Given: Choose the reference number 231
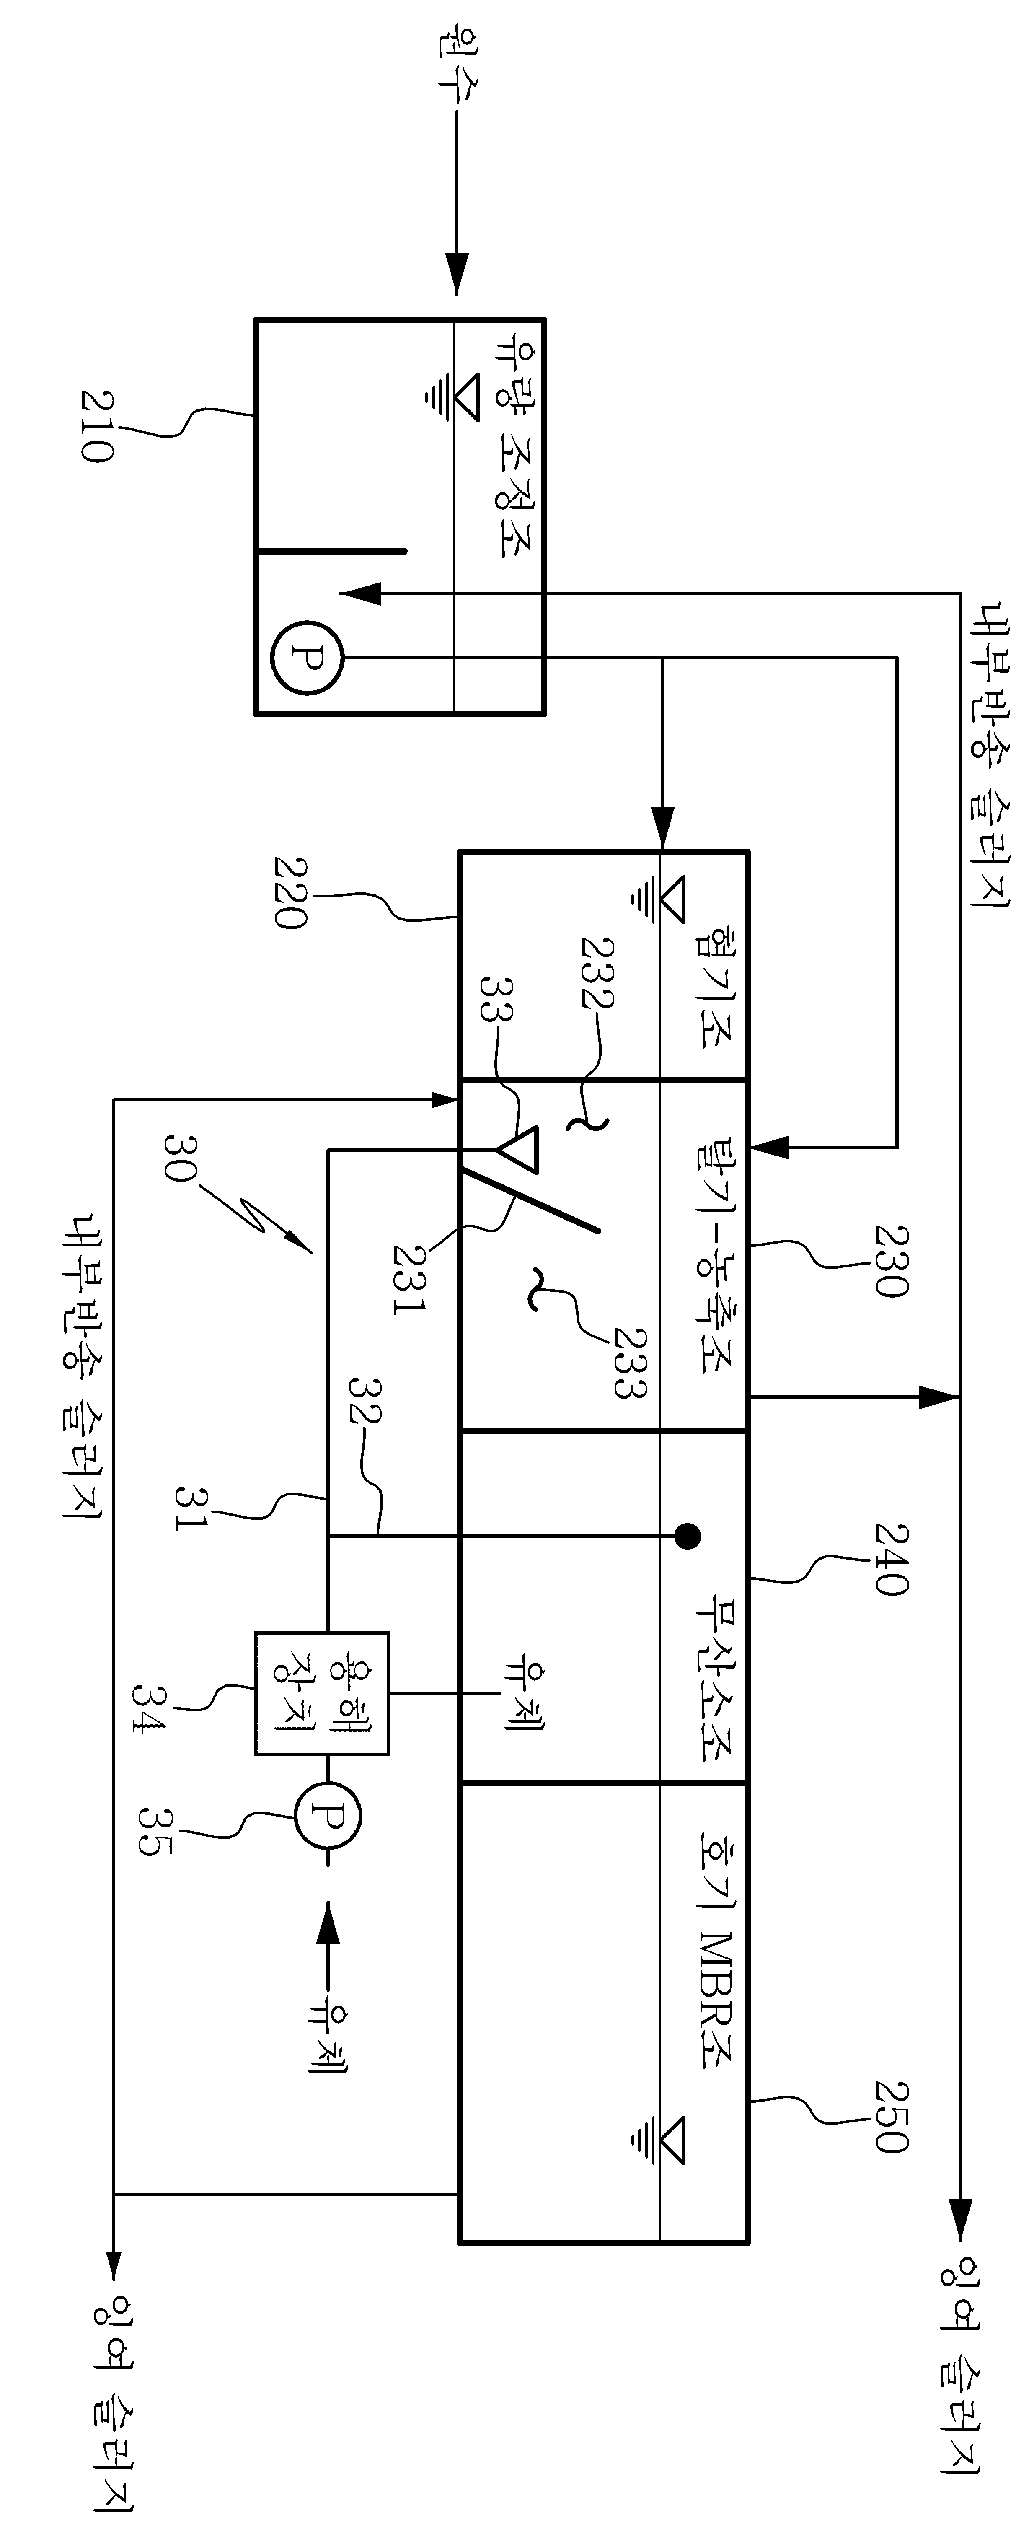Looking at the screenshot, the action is tap(408, 1278).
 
